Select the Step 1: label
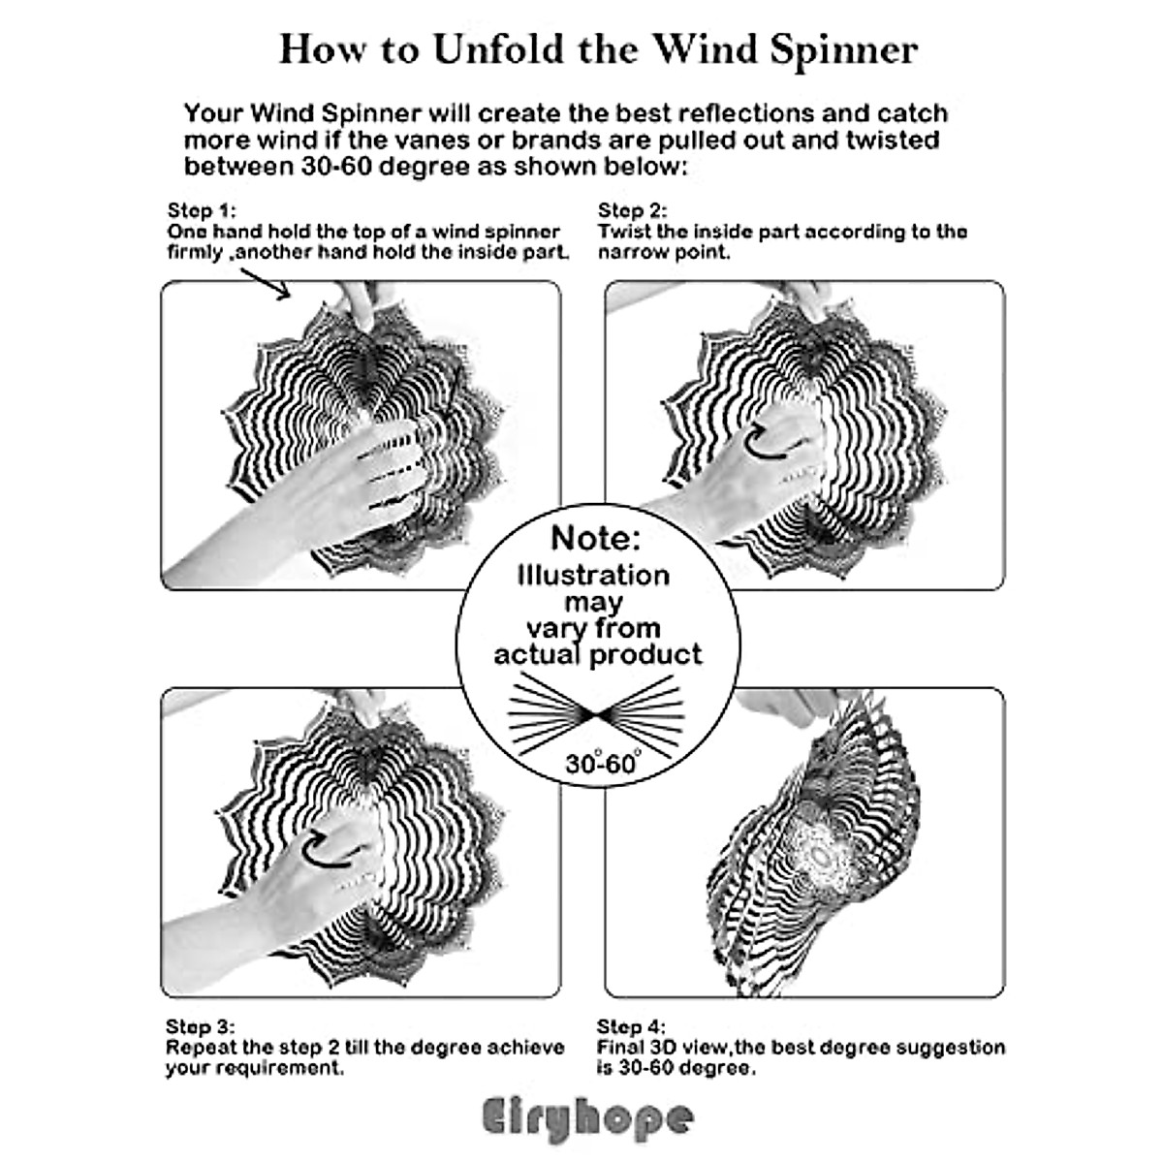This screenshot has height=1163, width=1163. pos(202,210)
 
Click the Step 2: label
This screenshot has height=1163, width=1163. pos(633,210)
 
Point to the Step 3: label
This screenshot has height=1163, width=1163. pos(201,1026)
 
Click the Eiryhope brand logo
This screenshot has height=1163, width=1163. pos(588,1118)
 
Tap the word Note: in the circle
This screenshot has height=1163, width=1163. pos(596,538)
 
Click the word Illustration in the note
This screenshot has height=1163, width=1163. pos(593,575)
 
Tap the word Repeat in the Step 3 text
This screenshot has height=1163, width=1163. pos(200,1048)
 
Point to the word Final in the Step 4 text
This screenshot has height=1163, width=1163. pos(620,1048)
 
